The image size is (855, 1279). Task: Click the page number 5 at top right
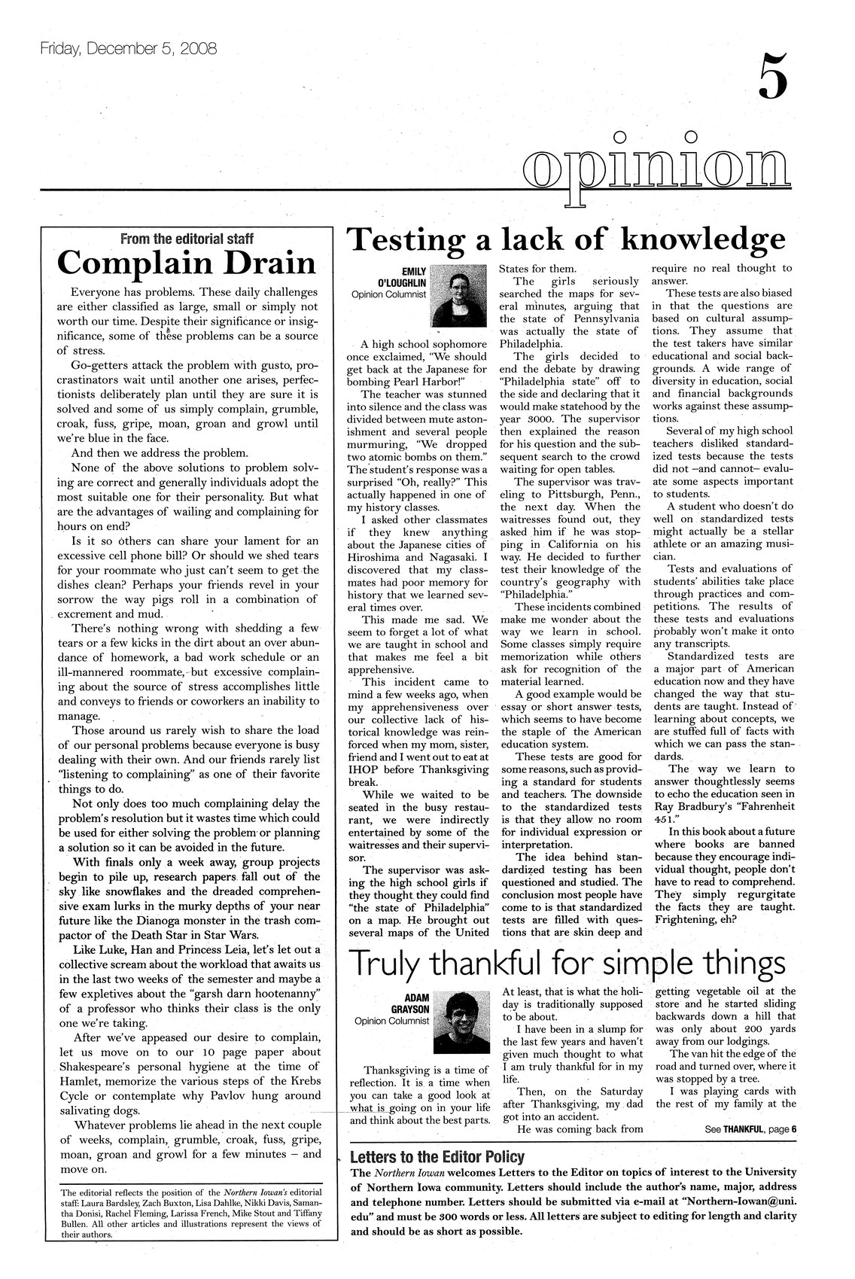tap(773, 77)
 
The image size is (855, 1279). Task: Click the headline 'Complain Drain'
tap(186, 263)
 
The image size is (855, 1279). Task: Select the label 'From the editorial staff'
tap(187, 239)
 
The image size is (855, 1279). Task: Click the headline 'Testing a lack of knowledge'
tap(565, 239)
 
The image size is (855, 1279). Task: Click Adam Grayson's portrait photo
tap(461, 1019)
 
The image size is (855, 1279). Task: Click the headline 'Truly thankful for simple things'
tap(568, 964)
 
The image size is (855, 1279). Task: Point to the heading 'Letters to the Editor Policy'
tap(437, 1157)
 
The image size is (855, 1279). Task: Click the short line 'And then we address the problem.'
tap(159, 453)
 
